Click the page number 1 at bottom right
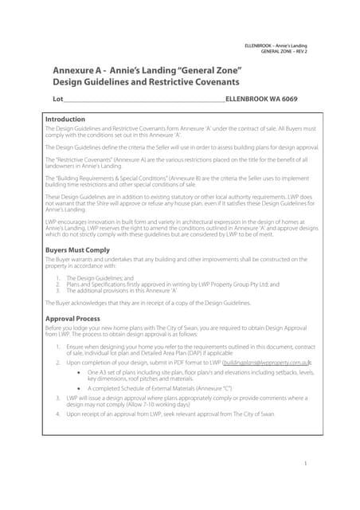[306, 463]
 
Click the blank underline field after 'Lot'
[143, 100]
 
